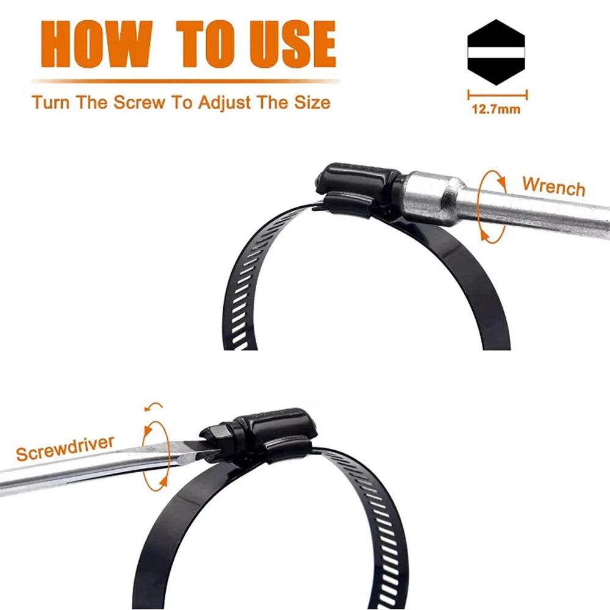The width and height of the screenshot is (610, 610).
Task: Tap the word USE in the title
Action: [293, 43]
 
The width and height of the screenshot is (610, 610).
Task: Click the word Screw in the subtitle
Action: [139, 102]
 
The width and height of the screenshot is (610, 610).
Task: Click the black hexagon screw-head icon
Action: [496, 52]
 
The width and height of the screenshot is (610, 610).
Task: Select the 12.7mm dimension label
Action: [496, 109]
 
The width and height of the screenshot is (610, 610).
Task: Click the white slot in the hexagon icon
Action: [496, 52]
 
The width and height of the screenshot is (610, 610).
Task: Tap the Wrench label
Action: [554, 186]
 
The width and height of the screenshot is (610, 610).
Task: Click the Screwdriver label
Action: [65, 448]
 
